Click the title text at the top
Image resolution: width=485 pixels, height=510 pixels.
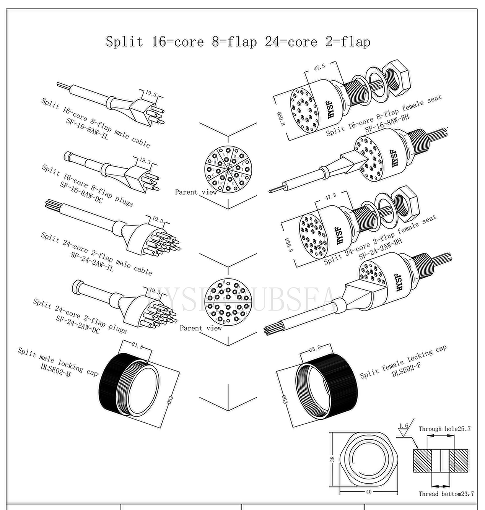coord(238,41)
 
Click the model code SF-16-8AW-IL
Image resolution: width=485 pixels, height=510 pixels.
coord(87,130)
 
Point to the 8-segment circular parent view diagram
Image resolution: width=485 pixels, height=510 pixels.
coord(226,168)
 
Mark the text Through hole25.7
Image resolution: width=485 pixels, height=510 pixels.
coord(444,429)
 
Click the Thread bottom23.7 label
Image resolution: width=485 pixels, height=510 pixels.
coord(446,494)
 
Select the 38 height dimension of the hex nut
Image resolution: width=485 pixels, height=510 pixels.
coord(332,459)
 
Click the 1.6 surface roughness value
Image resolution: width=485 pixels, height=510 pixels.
coord(404,426)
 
